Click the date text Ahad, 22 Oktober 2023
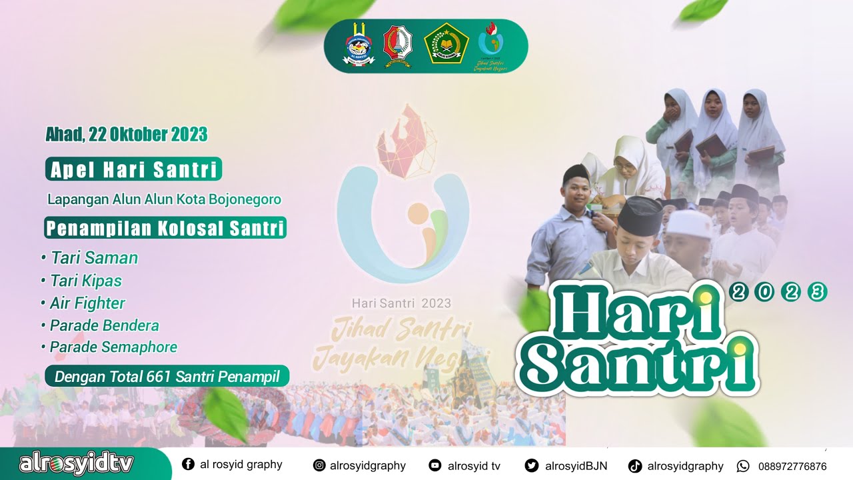(x=127, y=135)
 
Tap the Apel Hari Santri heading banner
(x=133, y=169)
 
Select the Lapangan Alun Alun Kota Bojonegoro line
(x=164, y=199)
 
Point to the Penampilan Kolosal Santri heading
(x=165, y=228)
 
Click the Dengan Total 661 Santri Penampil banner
(x=167, y=376)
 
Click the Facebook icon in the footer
(x=188, y=465)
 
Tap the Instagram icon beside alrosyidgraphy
(x=320, y=466)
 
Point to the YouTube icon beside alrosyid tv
(x=435, y=466)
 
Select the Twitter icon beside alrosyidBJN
(x=531, y=466)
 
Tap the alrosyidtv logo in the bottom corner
(x=77, y=464)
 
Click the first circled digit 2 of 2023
(x=738, y=291)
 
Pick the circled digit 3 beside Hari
(x=816, y=291)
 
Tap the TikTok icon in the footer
(x=635, y=466)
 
